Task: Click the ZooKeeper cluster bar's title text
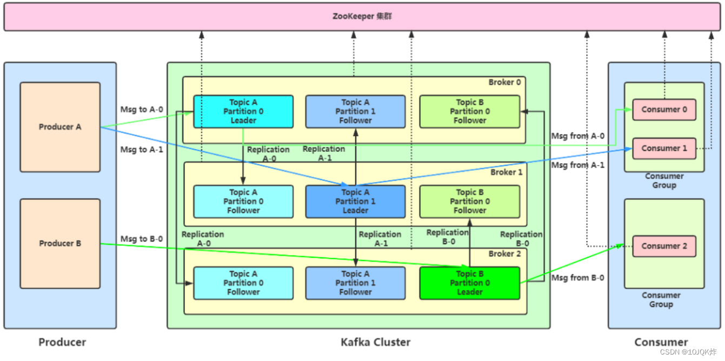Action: pyautogui.click(x=362, y=16)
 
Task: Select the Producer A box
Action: pyautogui.click(x=60, y=127)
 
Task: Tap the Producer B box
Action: pyautogui.click(x=60, y=243)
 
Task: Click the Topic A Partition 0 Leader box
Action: pyautogui.click(x=243, y=111)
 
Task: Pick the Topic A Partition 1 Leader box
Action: pyautogui.click(x=355, y=202)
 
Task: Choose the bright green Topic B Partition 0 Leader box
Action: pyautogui.click(x=469, y=283)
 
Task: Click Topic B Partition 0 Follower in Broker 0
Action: pyautogui.click(x=469, y=111)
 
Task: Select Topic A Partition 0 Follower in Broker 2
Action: pyautogui.click(x=243, y=283)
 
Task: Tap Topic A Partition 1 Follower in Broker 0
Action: pyautogui.click(x=355, y=111)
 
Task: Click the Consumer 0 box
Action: pyautogui.click(x=664, y=109)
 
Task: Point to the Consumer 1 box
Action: pyautogui.click(x=664, y=148)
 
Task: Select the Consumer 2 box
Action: pyautogui.click(x=664, y=246)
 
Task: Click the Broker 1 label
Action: pyautogui.click(x=506, y=172)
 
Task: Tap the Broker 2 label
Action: pyautogui.click(x=504, y=253)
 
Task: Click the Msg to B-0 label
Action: pyautogui.click(x=141, y=239)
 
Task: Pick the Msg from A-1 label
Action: pyautogui.click(x=577, y=165)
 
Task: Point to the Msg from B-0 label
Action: pyautogui.click(x=577, y=278)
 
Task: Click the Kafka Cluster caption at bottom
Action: pyautogui.click(x=375, y=342)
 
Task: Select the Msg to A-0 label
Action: pyautogui.click(x=141, y=110)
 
